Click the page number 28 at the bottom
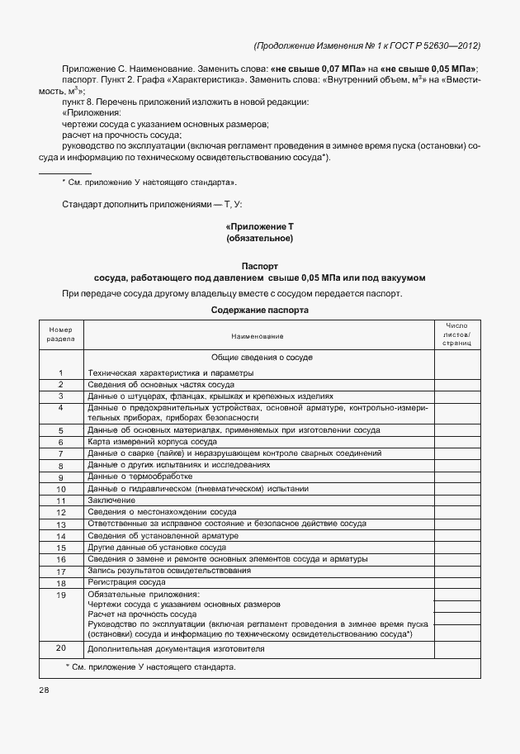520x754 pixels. coord(44,689)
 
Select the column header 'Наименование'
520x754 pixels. coord(259,335)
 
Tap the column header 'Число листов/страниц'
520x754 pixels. coord(456,334)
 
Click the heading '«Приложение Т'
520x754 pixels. coord(259,225)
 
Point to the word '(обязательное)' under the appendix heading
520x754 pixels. coord(259,239)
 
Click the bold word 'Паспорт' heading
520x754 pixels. coord(259,266)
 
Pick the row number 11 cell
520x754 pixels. coord(61,500)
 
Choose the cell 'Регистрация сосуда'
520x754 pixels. coord(126,582)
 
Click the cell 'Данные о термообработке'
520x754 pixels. coord(139,477)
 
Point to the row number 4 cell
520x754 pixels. coord(61,408)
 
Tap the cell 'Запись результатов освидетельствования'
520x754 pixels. coord(169,571)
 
